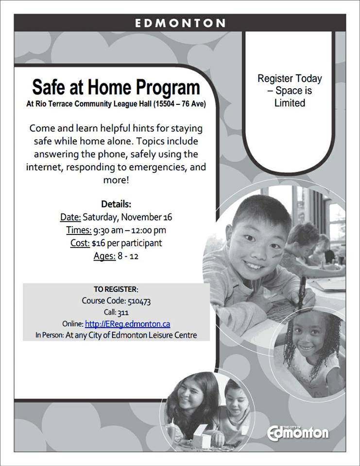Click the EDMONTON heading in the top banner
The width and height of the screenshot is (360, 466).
point(180,23)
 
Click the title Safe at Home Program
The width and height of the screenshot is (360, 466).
point(116,88)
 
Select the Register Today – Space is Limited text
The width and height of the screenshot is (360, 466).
point(290,91)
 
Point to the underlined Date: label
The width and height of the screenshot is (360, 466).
point(70,217)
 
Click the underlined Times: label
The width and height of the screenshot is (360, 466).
point(79,230)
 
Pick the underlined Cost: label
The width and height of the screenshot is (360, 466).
point(80,243)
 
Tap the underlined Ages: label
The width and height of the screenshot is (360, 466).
point(104,256)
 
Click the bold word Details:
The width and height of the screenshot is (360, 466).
point(116,204)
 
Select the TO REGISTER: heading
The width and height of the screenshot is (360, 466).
point(116,289)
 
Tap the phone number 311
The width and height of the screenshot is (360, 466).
point(123,313)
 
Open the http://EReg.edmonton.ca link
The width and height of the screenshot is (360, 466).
point(127,324)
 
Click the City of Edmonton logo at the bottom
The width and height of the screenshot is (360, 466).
point(298,432)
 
